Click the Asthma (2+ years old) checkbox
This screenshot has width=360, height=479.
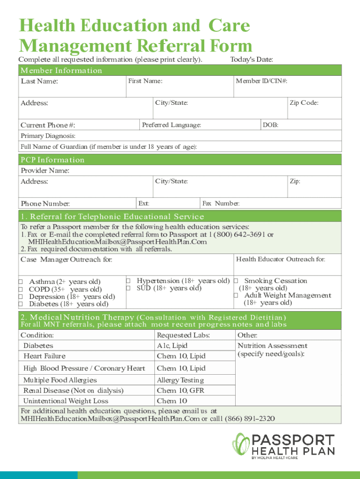pos(21,282)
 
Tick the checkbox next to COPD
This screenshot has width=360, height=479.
pos(21,290)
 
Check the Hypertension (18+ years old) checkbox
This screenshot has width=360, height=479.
pos(128,281)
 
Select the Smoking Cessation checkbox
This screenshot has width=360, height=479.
pos(236,281)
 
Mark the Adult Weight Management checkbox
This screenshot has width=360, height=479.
pos(236,295)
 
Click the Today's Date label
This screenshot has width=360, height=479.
pos(252,59)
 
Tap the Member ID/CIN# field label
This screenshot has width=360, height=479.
pos(261,81)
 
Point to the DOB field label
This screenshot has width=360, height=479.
pos(271,125)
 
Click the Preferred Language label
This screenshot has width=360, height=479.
pos(172,125)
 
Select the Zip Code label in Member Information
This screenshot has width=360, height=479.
pos(304,103)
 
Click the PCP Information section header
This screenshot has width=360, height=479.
pos(52,160)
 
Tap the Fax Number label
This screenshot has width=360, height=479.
pos(221,203)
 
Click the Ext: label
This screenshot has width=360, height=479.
pos(144,203)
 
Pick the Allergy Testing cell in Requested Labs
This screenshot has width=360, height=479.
pos(180,380)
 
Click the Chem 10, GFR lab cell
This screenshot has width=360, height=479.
pos(180,391)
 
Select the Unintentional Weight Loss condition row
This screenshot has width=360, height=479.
pos(65,401)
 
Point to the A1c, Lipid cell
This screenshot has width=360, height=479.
pos(172,346)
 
